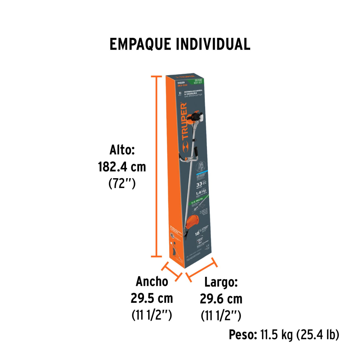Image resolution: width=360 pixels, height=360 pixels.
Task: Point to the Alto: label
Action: (x=122, y=150)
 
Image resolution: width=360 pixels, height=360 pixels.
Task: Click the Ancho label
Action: (x=152, y=281)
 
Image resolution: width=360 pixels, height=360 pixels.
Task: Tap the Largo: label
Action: (x=221, y=282)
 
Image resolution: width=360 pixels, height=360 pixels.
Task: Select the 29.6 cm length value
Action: (x=221, y=299)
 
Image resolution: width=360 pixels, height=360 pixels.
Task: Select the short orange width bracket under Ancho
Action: (x=172, y=271)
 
